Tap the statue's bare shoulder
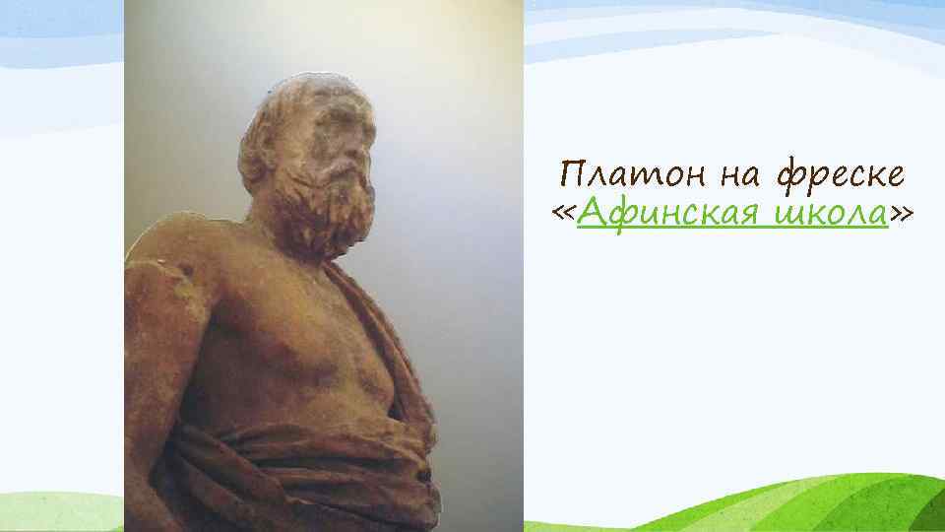coord(167,256)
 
